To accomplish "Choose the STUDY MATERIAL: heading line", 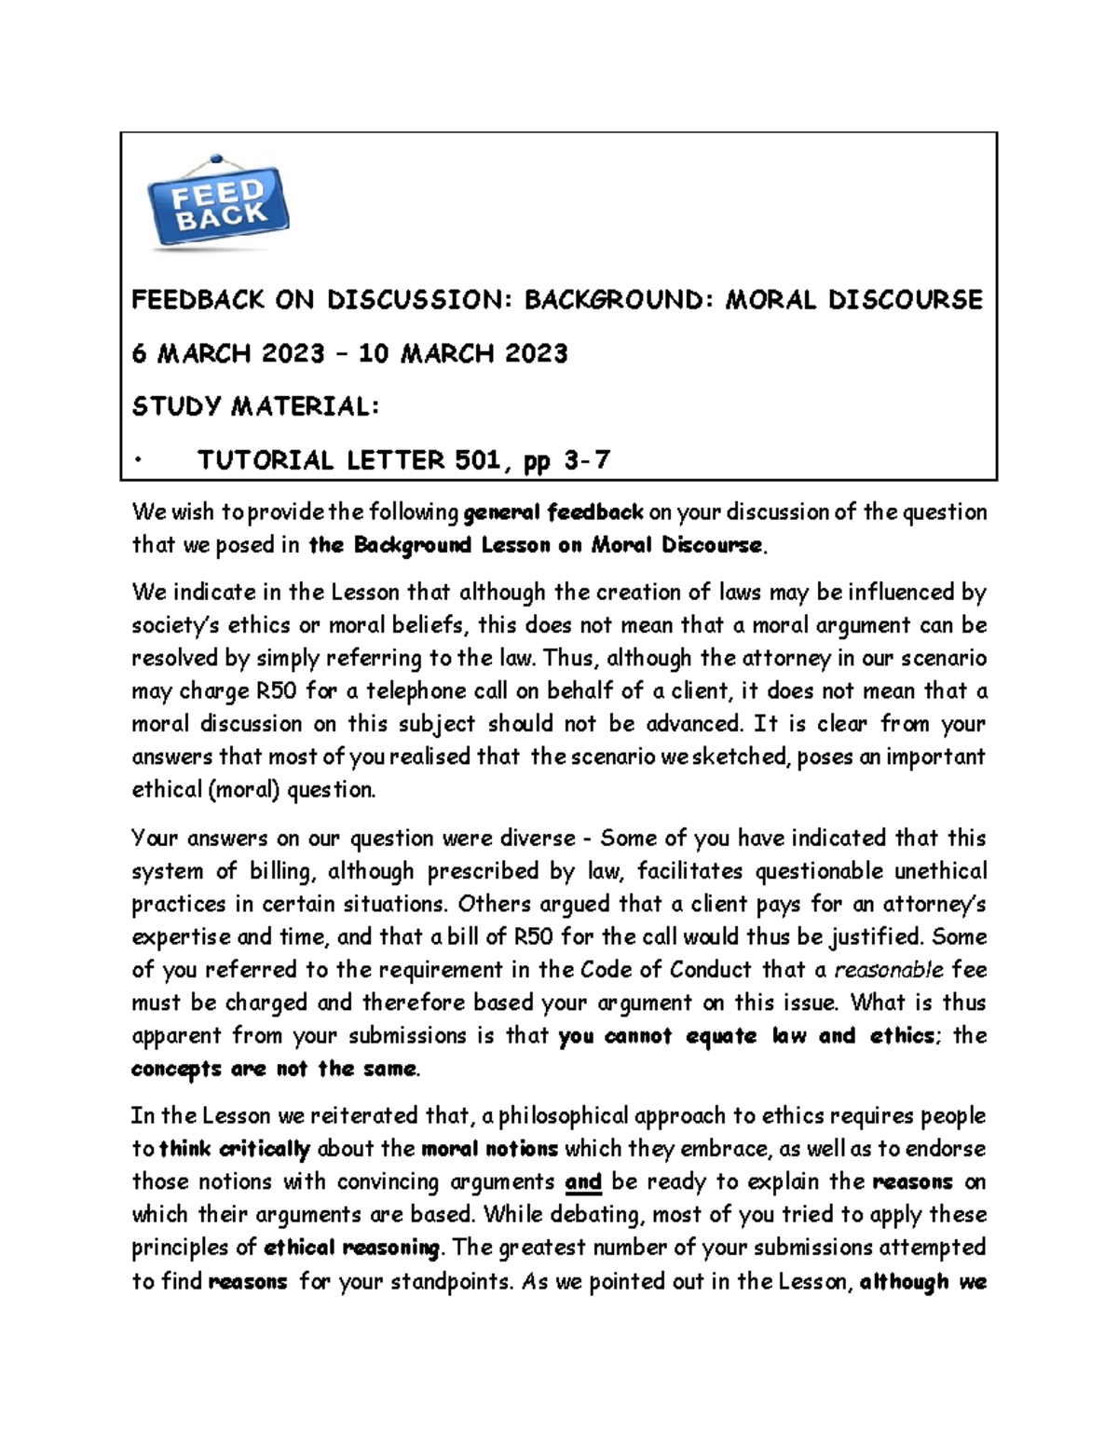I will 255,406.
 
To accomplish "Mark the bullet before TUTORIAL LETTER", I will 137,460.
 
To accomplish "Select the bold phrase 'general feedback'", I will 553,512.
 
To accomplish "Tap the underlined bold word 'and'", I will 583,1181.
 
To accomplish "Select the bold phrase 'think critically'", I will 235,1149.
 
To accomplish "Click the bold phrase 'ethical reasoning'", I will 352,1248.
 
